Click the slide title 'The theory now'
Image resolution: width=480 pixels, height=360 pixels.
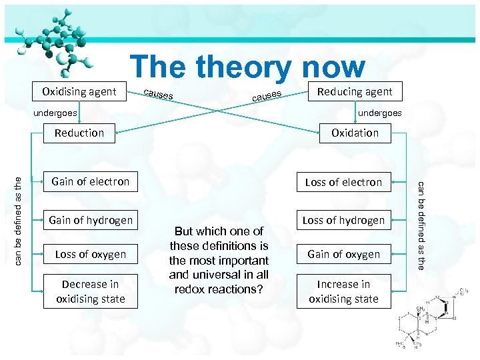click(x=247, y=67)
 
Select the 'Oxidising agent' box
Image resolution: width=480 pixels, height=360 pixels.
click(x=79, y=91)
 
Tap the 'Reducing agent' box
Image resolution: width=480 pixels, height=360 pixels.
click(x=355, y=91)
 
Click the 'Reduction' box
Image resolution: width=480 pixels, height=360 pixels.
click(x=79, y=133)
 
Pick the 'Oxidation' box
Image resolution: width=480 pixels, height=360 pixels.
click(x=355, y=133)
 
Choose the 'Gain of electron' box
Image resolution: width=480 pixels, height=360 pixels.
click(x=91, y=181)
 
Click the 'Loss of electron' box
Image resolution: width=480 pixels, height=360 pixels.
click(x=343, y=182)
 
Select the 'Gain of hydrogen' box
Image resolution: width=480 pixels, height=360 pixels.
click(x=91, y=220)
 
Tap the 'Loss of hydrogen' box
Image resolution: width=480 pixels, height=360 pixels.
click(x=343, y=220)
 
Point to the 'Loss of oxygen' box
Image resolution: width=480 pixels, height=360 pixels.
click(x=91, y=254)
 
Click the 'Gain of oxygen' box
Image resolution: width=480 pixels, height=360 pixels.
click(x=343, y=254)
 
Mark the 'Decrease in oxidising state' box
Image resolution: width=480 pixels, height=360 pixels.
click(x=91, y=291)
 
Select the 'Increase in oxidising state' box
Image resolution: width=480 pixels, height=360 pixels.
click(x=343, y=291)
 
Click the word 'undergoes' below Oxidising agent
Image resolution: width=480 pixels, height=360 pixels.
click(x=55, y=113)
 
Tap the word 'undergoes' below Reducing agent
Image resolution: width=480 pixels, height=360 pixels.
click(x=380, y=113)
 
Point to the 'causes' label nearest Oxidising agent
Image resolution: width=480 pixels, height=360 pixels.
click(x=159, y=94)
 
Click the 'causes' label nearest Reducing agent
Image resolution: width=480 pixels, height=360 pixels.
click(x=267, y=97)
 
